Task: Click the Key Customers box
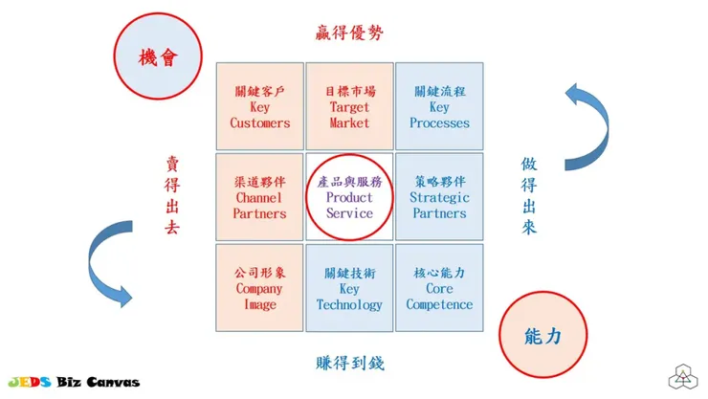coord(260,106)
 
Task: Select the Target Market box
coord(349,106)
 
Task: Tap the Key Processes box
coord(439,106)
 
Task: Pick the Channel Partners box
coord(260,197)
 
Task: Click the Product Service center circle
coord(349,197)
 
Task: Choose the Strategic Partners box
coord(439,197)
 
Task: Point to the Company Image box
coord(260,288)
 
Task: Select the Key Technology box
coord(349,288)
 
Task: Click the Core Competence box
coord(439,288)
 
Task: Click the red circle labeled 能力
coord(542,335)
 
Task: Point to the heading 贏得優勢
coord(349,33)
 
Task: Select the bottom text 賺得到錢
coord(349,363)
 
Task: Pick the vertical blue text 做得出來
coord(529,196)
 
